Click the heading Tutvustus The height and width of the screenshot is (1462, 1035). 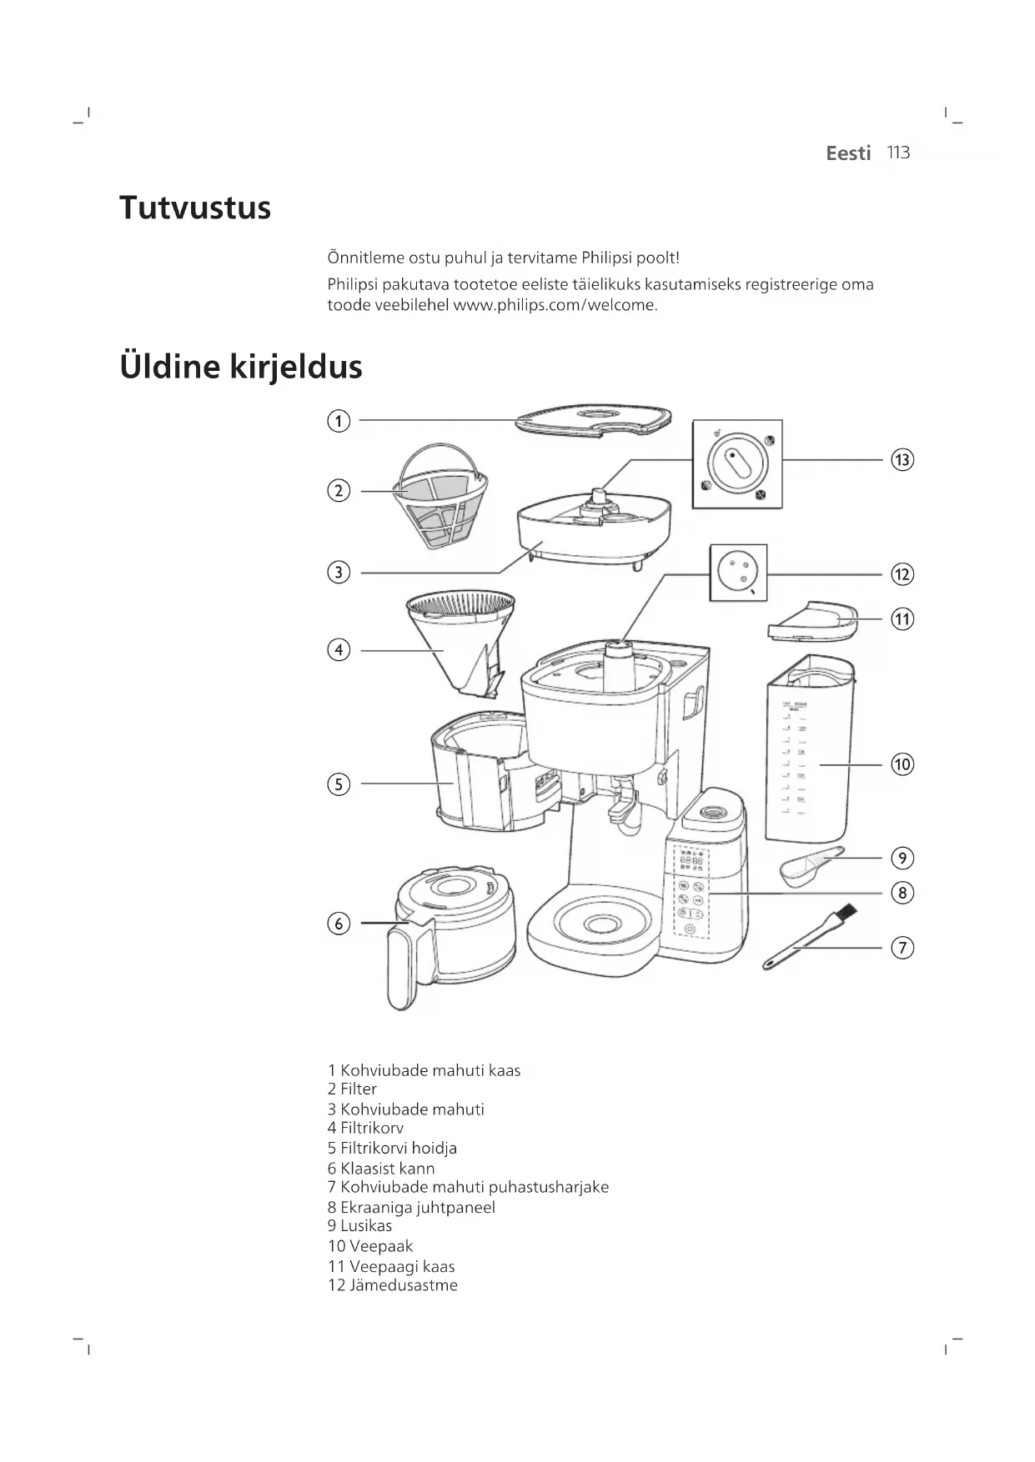195,208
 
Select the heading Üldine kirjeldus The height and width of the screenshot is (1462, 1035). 241,367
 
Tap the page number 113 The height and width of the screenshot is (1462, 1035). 898,153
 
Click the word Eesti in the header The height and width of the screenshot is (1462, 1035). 848,153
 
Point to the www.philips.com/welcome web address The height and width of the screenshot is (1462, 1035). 555,305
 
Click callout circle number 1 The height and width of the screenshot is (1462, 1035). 339,421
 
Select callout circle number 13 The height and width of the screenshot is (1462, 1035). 902,460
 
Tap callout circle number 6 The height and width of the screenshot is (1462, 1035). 339,924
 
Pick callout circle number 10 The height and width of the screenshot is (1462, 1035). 902,764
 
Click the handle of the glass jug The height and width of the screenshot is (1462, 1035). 401,969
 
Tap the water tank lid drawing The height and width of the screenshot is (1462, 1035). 811,622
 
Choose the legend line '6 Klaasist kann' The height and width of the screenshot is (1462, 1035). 381,1168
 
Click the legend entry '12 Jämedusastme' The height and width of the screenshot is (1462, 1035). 393,1284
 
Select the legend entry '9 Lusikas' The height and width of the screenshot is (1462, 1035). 359,1225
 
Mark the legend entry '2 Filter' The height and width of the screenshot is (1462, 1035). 352,1089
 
